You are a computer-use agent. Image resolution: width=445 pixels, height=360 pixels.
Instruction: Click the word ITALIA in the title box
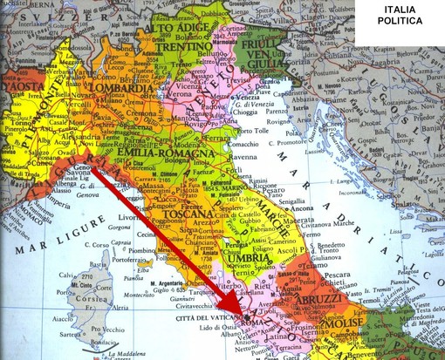[396, 13]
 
